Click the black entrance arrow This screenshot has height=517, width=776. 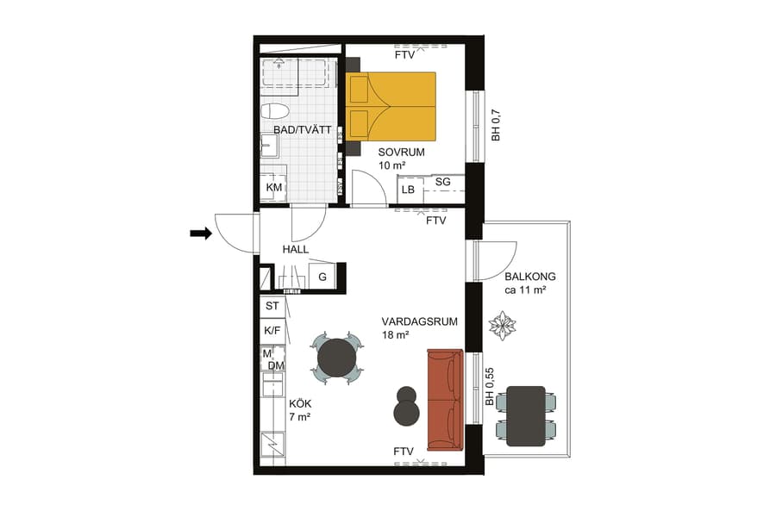[x=201, y=233]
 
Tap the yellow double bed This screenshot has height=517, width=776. [x=391, y=105]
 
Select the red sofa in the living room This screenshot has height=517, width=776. [x=445, y=400]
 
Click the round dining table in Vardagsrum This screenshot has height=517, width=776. [x=336, y=357]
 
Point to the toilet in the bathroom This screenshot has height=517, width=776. [x=275, y=111]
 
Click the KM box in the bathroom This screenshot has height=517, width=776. [x=273, y=188]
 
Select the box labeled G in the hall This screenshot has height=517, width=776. [x=322, y=277]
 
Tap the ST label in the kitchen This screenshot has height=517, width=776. [x=272, y=306]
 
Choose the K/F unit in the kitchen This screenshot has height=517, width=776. [x=272, y=330]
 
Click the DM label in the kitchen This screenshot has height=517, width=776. [x=276, y=366]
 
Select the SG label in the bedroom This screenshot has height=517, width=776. [x=442, y=182]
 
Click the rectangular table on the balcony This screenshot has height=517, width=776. [x=526, y=416]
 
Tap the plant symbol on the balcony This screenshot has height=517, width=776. [x=502, y=326]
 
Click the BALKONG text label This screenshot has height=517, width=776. [x=530, y=277]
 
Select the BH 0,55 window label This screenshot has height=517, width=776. [x=489, y=388]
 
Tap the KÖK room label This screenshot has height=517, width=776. [x=299, y=402]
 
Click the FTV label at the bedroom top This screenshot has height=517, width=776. [x=405, y=54]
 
